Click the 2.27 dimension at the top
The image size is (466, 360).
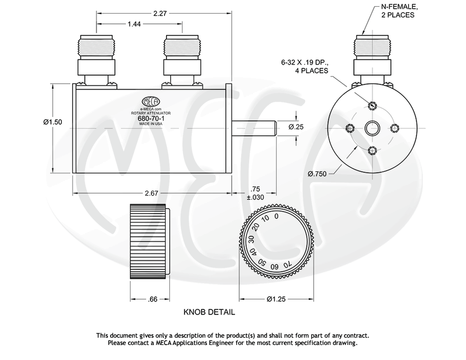[160, 14]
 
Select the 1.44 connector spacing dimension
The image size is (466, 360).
[134, 24]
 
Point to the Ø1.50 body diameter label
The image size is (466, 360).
[53, 122]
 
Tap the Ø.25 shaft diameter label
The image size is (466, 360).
[296, 127]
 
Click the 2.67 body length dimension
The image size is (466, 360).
[151, 193]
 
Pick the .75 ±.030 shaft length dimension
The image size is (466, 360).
[255, 193]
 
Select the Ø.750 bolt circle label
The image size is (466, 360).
[317, 174]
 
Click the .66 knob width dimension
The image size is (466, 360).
[153, 299]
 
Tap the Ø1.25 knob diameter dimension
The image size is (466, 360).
[276, 299]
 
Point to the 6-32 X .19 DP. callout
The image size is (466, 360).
[305, 67]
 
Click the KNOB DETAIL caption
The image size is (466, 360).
[209, 312]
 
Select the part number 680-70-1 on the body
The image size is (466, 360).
[150, 118]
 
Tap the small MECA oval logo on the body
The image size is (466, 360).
[150, 101]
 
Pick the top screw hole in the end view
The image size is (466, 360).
[373, 106]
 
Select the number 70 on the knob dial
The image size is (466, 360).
[287, 264]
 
